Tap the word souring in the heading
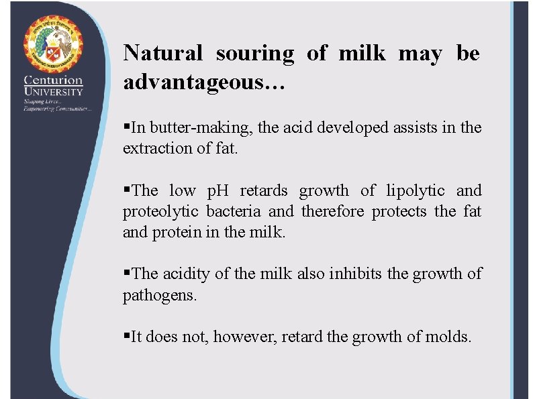(x=254, y=53)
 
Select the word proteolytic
(x=160, y=212)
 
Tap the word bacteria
(x=234, y=212)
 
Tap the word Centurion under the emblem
(x=54, y=80)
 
